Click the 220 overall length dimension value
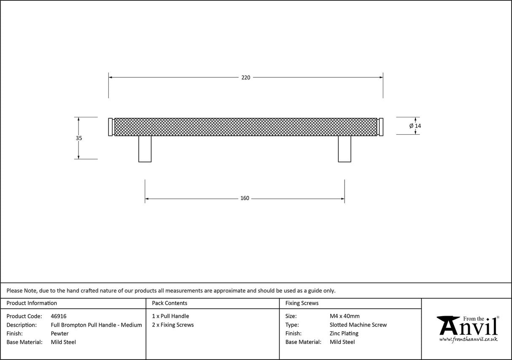pos(245,78)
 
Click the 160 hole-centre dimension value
pos(245,198)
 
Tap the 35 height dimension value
pos(79,138)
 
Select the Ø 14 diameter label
pos(415,126)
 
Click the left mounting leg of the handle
pos(145,149)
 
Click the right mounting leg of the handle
pos(345,149)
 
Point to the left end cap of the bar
pos(110,127)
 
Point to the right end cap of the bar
pos(381,127)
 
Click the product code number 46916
pos(59,316)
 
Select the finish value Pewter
pos(59,333)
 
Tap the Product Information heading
pos(32,303)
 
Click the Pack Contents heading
pos(170,303)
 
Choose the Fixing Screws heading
pos(302,303)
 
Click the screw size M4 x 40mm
pos(345,316)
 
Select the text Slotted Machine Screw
pos(358,325)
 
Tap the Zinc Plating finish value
pos(344,333)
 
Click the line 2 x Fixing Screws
pos(173,325)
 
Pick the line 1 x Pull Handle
pos(170,316)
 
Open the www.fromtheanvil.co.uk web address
pos(468,339)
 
